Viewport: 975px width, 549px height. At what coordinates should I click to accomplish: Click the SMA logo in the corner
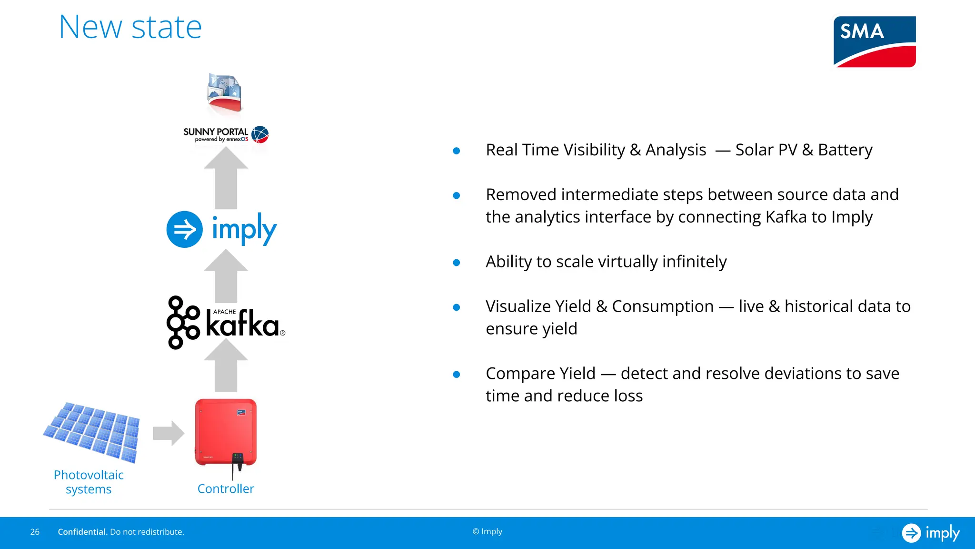[875, 42]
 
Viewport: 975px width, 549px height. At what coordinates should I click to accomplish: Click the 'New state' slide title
[130, 27]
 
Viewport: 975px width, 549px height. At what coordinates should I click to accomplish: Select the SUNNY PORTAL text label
[216, 132]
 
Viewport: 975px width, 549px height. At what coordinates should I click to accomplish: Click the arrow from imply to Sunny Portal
[226, 179]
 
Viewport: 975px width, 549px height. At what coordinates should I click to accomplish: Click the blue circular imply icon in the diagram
[185, 229]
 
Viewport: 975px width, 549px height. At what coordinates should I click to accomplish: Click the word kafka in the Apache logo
[242, 325]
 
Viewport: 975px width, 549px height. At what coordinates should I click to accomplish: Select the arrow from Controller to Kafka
[226, 366]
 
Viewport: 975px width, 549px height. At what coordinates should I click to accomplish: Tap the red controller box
[226, 432]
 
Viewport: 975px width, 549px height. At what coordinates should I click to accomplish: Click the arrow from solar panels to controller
[168, 433]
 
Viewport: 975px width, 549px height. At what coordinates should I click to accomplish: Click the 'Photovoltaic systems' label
[89, 482]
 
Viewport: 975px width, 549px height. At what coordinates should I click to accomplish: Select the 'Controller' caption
[226, 489]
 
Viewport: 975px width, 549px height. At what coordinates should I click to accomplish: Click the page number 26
[35, 532]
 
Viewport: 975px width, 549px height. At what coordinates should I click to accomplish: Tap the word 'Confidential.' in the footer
[82, 532]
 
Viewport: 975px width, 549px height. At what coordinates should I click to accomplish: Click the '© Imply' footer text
[487, 531]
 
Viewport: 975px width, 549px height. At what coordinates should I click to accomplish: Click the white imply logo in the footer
[931, 533]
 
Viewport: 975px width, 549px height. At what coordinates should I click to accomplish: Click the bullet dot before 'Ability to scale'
[456, 263]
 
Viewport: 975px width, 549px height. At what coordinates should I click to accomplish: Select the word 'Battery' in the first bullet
[845, 150]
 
